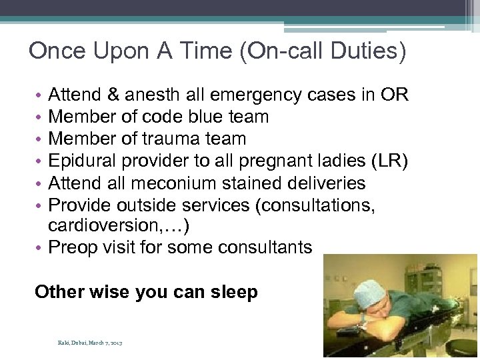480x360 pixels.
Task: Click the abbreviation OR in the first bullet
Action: point(395,95)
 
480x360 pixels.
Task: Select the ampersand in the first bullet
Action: point(109,95)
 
